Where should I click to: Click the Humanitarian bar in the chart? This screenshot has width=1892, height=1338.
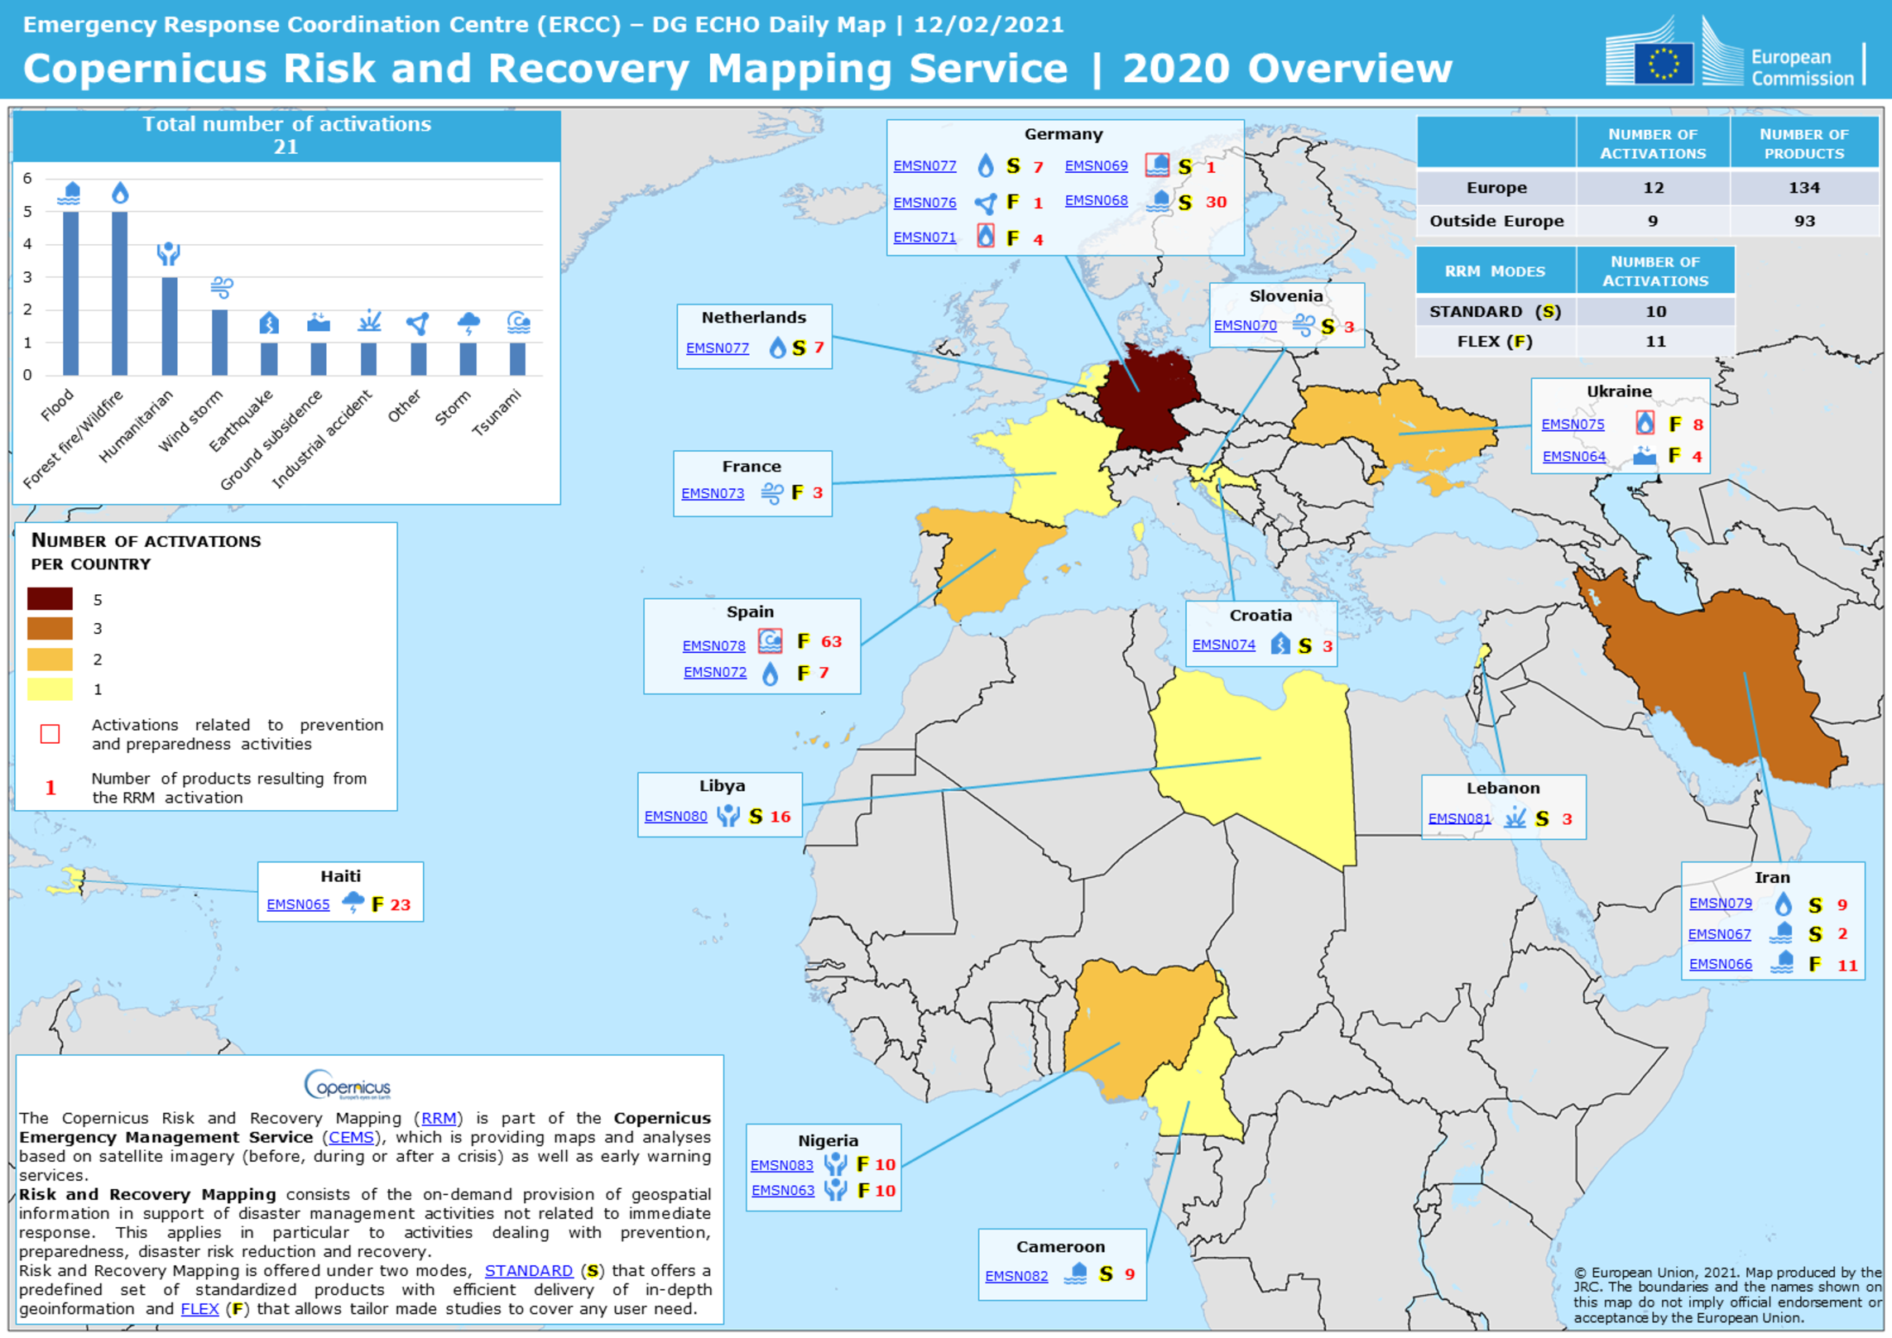[x=169, y=326]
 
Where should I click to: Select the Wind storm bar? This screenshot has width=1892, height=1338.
[x=219, y=343]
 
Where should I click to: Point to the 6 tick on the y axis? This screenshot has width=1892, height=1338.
[x=27, y=179]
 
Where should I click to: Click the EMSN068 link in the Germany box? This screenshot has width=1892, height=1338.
[x=1096, y=201]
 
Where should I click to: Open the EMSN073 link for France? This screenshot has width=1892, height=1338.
[x=713, y=494]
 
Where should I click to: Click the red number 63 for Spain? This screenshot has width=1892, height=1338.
[x=831, y=642]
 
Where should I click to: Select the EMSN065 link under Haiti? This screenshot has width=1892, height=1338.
[x=298, y=905]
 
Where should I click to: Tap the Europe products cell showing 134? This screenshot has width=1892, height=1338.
[x=1803, y=188]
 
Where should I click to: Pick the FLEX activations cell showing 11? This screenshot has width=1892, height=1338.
[x=1655, y=342]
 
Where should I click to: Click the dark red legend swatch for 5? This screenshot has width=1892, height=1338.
[x=50, y=599]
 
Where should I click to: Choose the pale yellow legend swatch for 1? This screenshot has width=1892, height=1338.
[x=50, y=689]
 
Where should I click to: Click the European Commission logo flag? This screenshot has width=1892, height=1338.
[x=1663, y=63]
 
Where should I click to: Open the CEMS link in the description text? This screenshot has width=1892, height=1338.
[x=351, y=1138]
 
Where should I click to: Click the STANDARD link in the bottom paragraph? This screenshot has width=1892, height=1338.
[x=528, y=1271]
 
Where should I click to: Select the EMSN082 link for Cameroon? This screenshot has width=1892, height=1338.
[x=1016, y=1277]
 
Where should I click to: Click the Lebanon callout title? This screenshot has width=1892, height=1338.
[x=1503, y=789]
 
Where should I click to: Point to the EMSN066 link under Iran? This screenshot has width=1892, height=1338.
[x=1720, y=965]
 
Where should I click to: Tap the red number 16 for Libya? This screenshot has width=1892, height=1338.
[x=780, y=817]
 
